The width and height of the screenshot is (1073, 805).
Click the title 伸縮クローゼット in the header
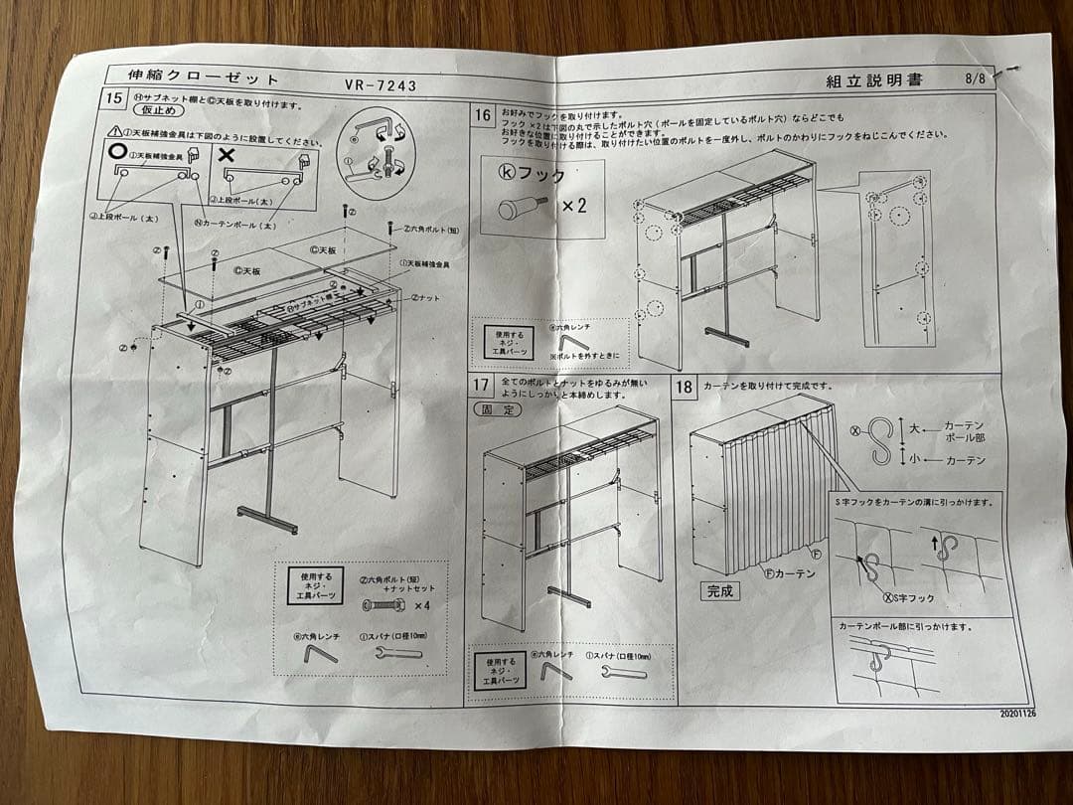pyautogui.click(x=204, y=78)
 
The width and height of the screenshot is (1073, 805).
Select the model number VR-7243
pyautogui.click(x=381, y=84)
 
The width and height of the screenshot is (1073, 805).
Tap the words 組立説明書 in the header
pyautogui.click(x=873, y=80)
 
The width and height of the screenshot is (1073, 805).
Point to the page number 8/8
pyautogui.click(x=976, y=79)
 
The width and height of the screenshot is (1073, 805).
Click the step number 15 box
pyautogui.click(x=115, y=99)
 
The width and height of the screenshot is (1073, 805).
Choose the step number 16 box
pyautogui.click(x=482, y=115)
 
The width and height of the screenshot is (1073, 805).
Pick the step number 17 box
pyautogui.click(x=481, y=386)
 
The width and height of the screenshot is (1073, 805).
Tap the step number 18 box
pyautogui.click(x=686, y=387)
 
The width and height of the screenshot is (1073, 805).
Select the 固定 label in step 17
pyautogui.click(x=497, y=408)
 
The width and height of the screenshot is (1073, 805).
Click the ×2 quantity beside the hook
pyautogui.click(x=575, y=206)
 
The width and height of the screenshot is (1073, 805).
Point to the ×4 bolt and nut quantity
pyautogui.click(x=421, y=604)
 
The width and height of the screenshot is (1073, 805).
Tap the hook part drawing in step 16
pyautogui.click(x=518, y=208)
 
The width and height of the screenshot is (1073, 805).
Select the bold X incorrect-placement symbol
pyautogui.click(x=226, y=155)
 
